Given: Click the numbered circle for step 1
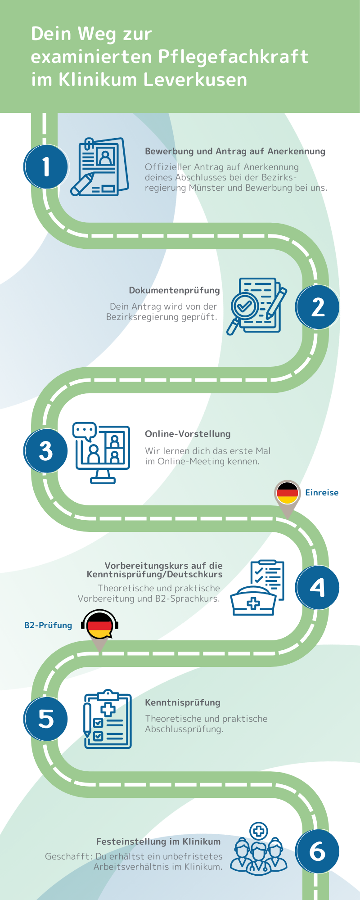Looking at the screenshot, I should click(x=46, y=166).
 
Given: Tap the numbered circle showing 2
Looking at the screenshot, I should click(x=317, y=307).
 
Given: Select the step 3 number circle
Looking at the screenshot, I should click(x=46, y=450).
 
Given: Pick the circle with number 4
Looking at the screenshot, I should click(x=317, y=587).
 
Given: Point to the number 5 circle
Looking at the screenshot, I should click(x=46, y=719).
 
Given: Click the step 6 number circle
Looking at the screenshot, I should click(x=317, y=851).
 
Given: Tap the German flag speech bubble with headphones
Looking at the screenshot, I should click(x=99, y=625).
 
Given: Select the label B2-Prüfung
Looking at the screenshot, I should click(x=48, y=625).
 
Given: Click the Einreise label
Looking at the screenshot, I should click(x=322, y=492).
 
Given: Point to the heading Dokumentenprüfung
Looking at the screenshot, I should click(x=174, y=290).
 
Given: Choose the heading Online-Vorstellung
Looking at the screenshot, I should click(x=188, y=434).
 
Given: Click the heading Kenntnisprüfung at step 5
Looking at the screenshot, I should click(x=183, y=702).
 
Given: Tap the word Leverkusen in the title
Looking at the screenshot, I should click(x=195, y=80).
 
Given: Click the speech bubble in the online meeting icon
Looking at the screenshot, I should click(x=84, y=431).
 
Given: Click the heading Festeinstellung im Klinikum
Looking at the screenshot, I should click(x=158, y=841).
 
